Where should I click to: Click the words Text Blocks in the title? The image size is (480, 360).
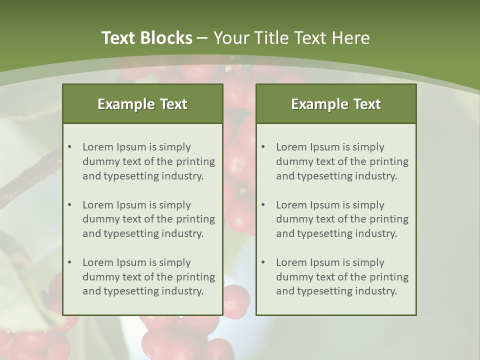(x=146, y=38)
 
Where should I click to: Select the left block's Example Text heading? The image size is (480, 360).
(x=142, y=104)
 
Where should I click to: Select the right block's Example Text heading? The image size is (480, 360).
(x=336, y=104)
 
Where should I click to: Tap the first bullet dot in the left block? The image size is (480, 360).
(x=69, y=147)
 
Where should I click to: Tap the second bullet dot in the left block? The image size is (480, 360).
(x=69, y=205)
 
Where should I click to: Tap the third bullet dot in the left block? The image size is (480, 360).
(x=69, y=262)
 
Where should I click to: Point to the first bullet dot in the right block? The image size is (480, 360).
(x=263, y=147)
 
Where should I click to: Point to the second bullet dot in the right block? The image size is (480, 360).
(x=263, y=205)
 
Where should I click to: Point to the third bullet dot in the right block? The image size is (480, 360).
(x=263, y=262)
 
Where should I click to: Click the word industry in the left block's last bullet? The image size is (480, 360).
(x=182, y=291)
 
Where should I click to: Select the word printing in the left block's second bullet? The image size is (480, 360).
(x=195, y=219)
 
